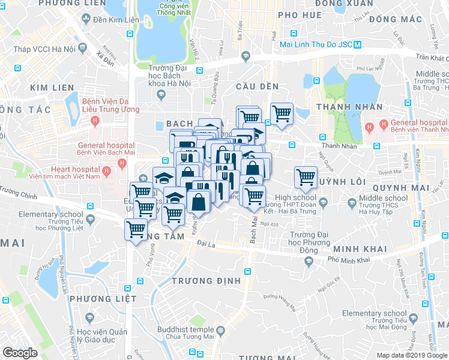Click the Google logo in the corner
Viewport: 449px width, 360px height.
click(x=20, y=353)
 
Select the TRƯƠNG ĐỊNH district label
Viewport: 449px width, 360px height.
click(x=206, y=281)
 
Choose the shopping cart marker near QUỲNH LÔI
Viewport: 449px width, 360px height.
click(x=306, y=178)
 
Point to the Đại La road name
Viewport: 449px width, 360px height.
click(x=206, y=244)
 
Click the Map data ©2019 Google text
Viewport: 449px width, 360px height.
click(x=412, y=355)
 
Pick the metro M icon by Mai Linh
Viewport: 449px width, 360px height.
click(x=358, y=44)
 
